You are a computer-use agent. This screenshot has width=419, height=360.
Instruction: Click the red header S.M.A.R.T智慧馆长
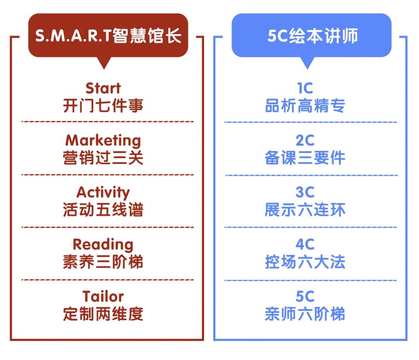pos(108,36)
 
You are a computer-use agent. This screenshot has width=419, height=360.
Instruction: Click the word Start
pos(103,88)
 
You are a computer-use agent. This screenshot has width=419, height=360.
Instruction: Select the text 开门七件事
pos(103,106)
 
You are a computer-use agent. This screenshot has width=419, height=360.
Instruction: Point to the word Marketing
pos(103,140)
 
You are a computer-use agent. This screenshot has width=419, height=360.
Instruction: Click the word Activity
pos(103,192)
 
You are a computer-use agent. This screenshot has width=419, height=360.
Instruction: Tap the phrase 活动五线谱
pos(103,210)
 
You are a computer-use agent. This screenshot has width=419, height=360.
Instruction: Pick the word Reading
pos(103,245)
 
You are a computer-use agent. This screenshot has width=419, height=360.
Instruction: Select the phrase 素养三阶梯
pos(103,262)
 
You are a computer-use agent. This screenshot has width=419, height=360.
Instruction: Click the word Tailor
pos(103,296)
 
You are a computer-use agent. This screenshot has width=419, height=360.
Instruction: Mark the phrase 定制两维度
pos(103,314)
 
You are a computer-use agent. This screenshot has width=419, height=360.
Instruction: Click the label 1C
pos(305,88)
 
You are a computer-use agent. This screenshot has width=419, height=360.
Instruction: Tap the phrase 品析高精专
pos(305,106)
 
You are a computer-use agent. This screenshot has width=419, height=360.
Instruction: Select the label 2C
pos(305,140)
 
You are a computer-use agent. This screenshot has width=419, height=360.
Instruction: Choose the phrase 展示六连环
pos(305,210)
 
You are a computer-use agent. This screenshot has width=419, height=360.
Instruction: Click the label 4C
pos(305,245)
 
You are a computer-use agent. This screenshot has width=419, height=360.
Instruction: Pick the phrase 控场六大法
pos(305,262)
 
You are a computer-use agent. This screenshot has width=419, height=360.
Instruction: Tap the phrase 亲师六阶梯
pos(305,314)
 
